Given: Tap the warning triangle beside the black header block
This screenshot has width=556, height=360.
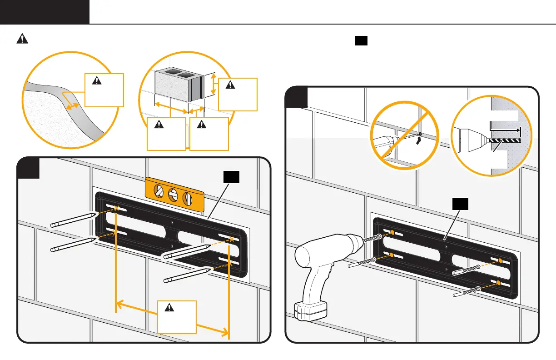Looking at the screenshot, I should pos(22,39).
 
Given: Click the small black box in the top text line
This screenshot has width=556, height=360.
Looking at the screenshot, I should pos(361,41).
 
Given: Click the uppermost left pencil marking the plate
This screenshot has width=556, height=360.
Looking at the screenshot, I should pos(73,219).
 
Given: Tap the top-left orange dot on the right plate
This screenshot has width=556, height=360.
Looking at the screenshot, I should pos(392,233).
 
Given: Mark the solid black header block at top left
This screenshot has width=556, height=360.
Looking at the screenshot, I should pos(45,12).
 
